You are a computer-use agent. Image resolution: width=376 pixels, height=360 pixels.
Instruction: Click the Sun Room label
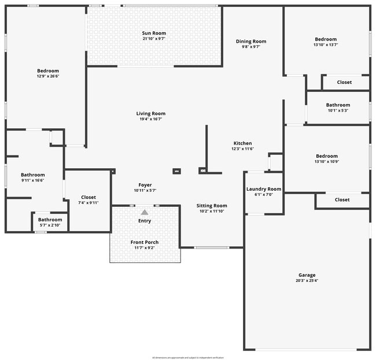(154, 34)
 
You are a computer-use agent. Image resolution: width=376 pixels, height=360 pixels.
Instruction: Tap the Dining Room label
(251, 41)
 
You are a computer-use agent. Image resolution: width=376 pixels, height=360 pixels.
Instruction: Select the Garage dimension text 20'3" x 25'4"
(307, 281)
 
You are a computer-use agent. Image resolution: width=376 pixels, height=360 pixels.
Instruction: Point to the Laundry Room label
(264, 189)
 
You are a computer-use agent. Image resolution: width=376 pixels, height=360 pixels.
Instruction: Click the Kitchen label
(242, 143)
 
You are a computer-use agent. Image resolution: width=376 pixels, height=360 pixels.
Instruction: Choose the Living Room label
(151, 114)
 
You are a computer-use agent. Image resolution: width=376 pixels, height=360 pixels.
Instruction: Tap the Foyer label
(145, 185)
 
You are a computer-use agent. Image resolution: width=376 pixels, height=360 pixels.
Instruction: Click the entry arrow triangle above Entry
(145, 212)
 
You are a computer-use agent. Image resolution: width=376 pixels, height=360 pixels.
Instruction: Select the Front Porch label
(145, 242)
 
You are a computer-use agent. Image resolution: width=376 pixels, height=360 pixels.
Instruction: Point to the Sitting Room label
(212, 206)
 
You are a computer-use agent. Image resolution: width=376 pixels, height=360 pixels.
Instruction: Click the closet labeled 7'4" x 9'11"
(89, 203)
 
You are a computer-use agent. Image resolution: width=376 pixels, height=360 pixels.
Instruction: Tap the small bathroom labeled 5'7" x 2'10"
(50, 225)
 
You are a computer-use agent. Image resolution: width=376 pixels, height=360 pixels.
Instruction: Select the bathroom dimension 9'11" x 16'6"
(33, 180)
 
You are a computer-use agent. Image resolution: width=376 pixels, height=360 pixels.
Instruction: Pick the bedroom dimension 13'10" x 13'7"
(326, 44)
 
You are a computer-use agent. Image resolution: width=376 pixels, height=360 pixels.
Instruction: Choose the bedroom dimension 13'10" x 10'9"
(327, 161)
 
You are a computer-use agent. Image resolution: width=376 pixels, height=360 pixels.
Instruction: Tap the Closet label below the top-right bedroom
(344, 82)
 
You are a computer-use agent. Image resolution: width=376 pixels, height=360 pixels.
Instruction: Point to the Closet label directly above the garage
(342, 200)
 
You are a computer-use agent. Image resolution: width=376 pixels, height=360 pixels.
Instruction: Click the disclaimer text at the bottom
(188, 358)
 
